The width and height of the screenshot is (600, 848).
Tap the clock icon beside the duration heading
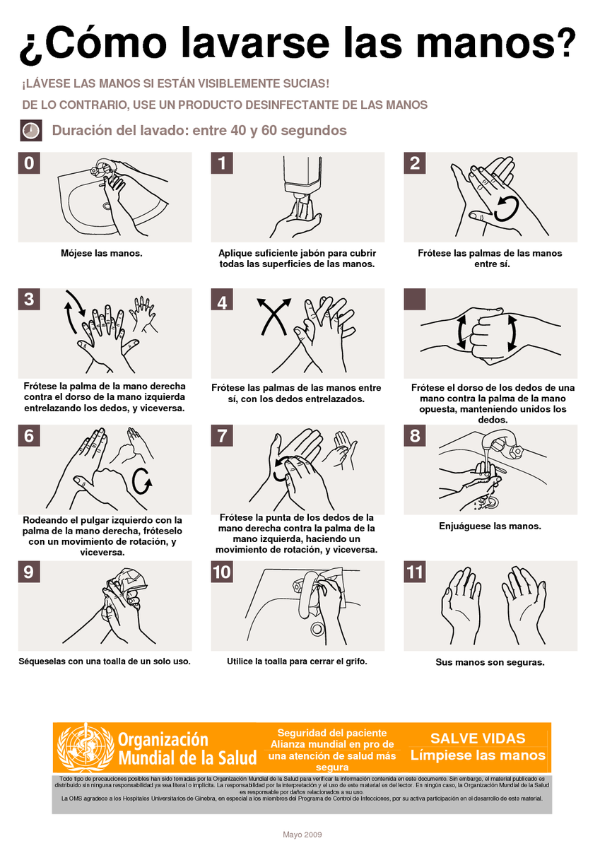(x=30, y=131)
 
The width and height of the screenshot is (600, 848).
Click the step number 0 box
(x=28, y=163)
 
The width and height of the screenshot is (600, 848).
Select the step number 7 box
(x=222, y=435)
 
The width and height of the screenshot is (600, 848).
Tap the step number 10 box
(x=222, y=572)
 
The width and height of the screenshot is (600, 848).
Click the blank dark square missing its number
(x=415, y=299)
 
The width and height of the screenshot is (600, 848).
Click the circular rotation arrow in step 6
(x=142, y=480)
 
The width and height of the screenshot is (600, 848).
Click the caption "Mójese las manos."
(x=101, y=253)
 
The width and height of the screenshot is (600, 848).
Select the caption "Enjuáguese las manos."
(x=490, y=526)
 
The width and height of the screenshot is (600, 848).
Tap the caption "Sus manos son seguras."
(x=490, y=663)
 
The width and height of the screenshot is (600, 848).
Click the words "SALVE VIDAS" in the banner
(x=478, y=738)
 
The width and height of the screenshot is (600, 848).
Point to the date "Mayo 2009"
(x=302, y=835)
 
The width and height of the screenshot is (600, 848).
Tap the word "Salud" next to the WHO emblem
(x=230, y=758)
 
